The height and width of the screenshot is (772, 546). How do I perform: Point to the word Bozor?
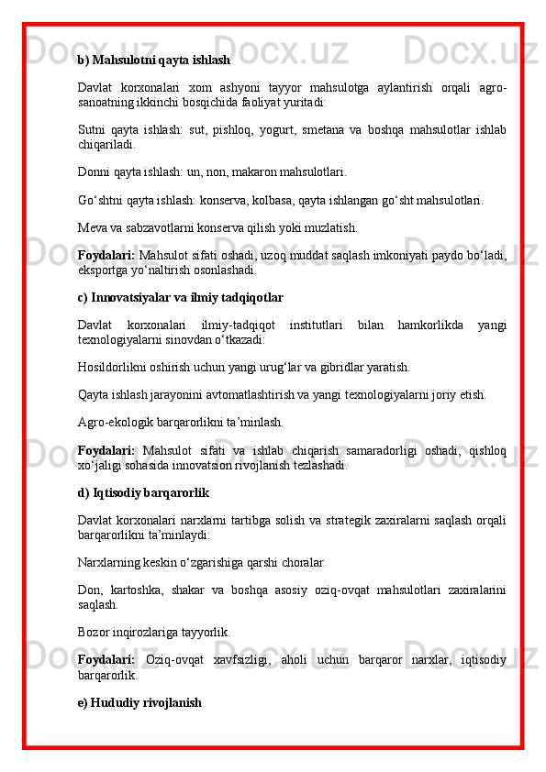(x=95, y=632)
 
